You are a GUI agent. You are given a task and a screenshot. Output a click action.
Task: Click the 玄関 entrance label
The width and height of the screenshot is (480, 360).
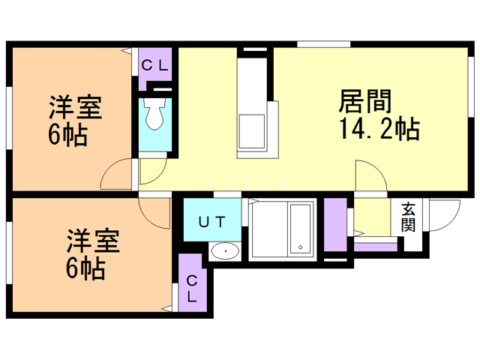click(x=408, y=217)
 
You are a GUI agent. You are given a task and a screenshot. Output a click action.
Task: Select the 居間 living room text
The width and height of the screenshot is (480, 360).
click(x=366, y=100)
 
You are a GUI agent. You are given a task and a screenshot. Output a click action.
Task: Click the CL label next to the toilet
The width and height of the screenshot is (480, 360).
click(x=155, y=65)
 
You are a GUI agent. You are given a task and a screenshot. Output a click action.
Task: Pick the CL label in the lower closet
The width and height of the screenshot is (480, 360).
click(x=192, y=287)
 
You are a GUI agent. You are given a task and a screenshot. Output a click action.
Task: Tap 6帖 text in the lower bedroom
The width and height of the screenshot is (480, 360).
click(x=83, y=268)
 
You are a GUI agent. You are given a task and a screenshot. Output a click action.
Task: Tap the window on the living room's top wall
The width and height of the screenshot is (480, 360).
click(x=314, y=44)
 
